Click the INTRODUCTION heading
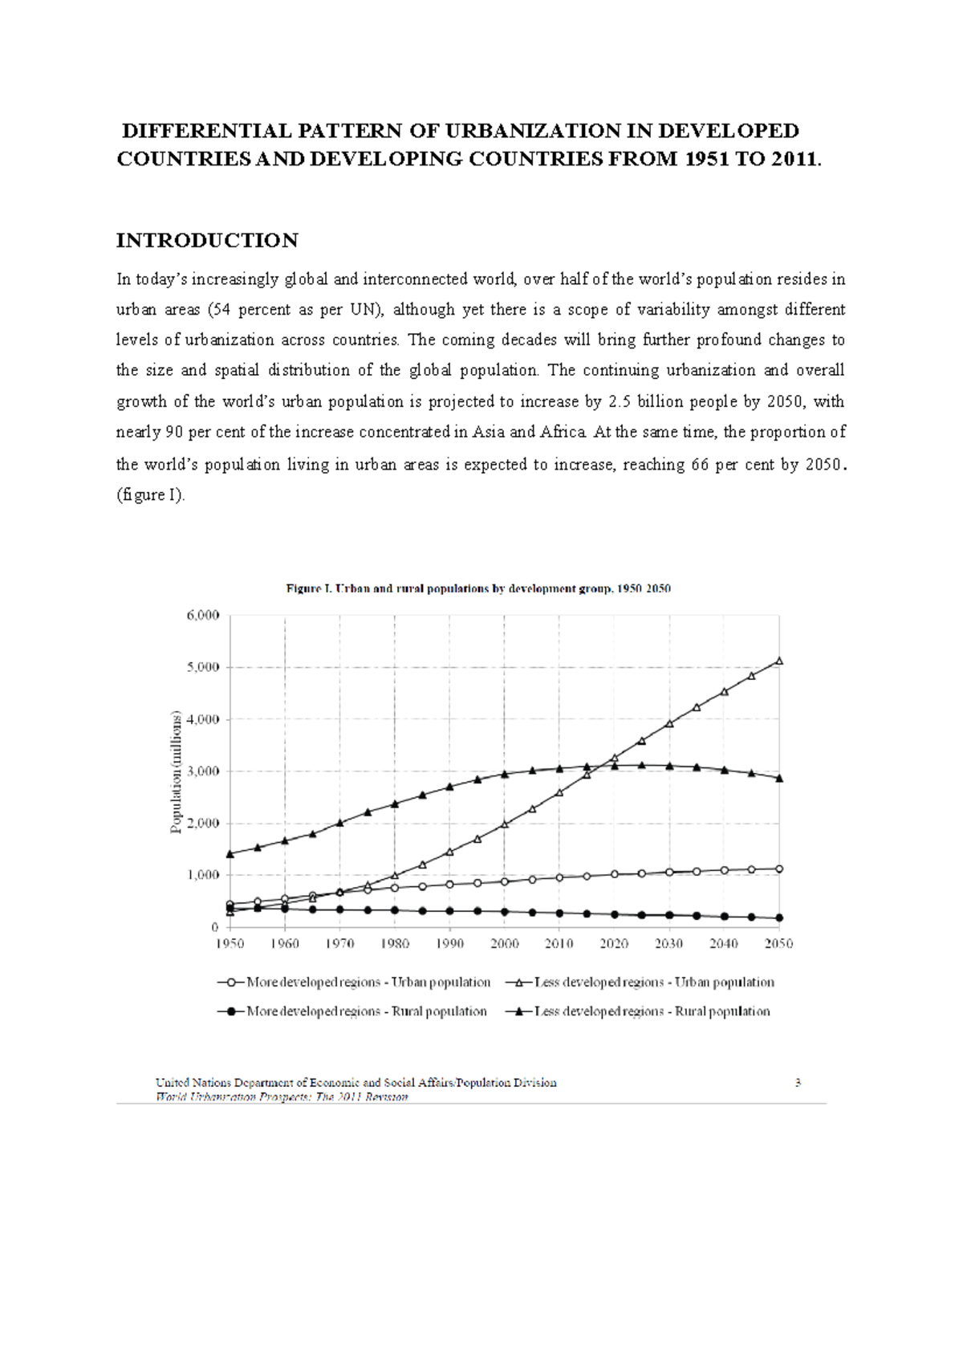click(207, 240)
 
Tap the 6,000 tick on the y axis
click(202, 615)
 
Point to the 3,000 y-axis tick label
click(202, 771)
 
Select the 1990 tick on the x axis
click(449, 943)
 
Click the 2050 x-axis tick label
click(778, 943)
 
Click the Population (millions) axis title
click(177, 771)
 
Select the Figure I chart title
click(478, 588)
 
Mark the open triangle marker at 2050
click(778, 661)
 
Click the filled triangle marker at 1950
click(230, 854)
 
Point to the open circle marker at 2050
click(778, 869)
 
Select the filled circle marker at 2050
click(778, 917)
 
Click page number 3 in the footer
click(798, 1082)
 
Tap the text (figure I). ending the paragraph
click(151, 495)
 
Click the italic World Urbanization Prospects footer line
click(282, 1097)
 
